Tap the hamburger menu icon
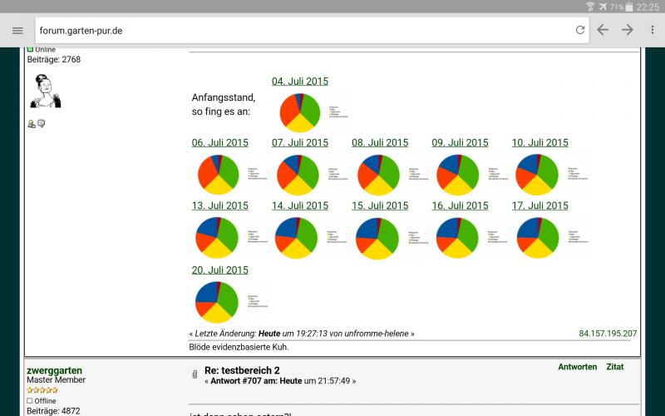17,30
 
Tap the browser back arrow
603,30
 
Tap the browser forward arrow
628,30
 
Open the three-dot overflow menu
653,30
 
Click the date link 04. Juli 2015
300,82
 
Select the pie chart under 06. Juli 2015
219,175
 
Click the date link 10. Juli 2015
540,143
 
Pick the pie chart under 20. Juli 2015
217,302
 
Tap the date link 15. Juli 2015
380,206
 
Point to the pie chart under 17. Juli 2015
538,238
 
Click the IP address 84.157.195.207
608,334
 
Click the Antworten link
578,367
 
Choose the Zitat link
615,367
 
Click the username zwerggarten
55,370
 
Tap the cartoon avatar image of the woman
45,92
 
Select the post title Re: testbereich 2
242,370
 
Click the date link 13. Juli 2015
220,206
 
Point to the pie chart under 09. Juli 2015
458,175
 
